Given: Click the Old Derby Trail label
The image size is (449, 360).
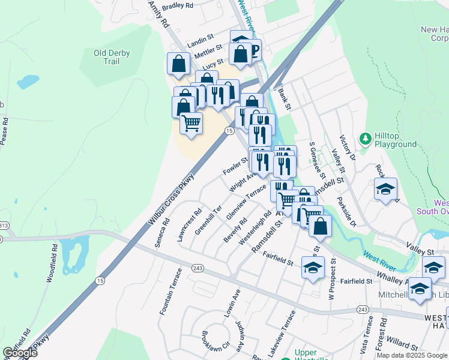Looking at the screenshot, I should (x=112, y=57).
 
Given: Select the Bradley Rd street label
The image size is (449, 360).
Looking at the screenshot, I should (x=178, y=5).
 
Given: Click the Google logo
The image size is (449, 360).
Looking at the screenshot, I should (x=19, y=353).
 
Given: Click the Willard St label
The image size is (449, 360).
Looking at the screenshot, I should (x=402, y=346).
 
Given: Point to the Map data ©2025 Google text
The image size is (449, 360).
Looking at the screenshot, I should (x=412, y=355).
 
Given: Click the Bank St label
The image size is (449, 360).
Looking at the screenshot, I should (x=284, y=100).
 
